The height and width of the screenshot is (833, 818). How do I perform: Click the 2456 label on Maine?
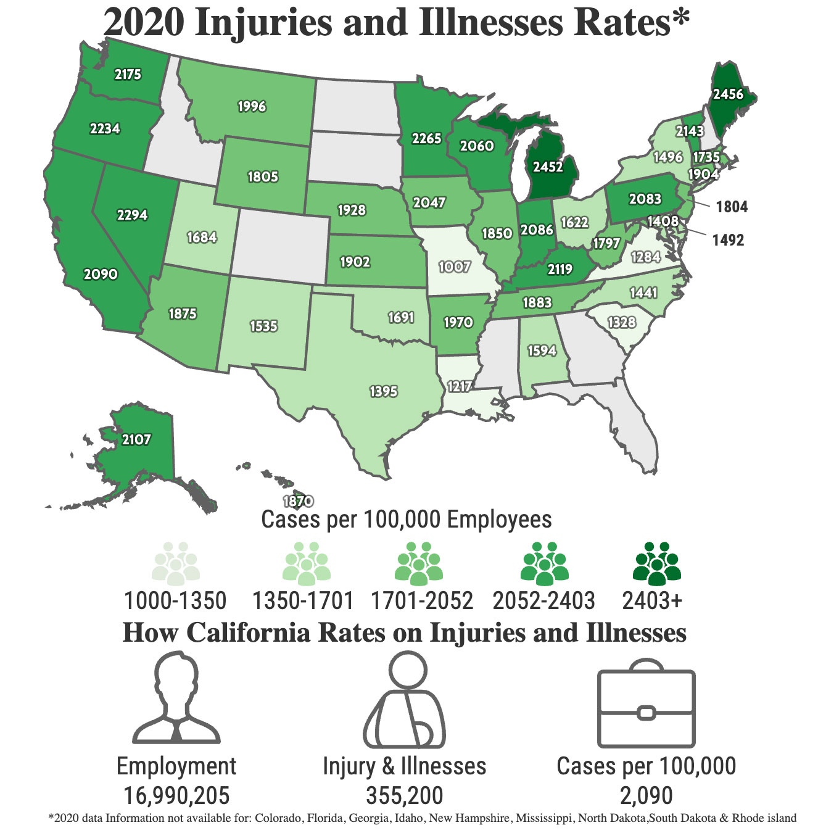[728, 94]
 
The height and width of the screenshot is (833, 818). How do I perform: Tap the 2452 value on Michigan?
[548, 167]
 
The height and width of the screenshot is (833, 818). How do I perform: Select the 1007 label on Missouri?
[454, 267]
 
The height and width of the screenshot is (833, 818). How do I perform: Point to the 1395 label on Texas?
[383, 391]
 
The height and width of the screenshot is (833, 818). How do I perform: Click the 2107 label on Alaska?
[136, 439]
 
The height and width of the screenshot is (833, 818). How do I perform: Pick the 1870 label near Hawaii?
[298, 501]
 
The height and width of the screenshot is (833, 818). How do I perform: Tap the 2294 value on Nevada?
[132, 215]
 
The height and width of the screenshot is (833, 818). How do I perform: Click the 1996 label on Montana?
[252, 106]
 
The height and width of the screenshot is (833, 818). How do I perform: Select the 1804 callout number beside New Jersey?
[732, 207]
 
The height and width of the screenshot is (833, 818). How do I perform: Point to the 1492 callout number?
[728, 240]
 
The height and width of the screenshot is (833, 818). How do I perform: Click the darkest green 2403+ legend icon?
[656, 564]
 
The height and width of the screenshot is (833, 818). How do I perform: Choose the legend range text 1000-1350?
[175, 600]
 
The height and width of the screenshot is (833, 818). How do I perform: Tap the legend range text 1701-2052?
[422, 600]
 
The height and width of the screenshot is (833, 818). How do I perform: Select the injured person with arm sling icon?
[405, 703]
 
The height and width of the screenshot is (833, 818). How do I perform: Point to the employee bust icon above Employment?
[176, 700]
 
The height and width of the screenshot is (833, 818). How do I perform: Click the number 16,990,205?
[176, 795]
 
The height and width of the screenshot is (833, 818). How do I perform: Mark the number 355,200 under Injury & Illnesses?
[405, 795]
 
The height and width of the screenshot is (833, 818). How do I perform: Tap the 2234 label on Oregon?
[105, 128]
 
